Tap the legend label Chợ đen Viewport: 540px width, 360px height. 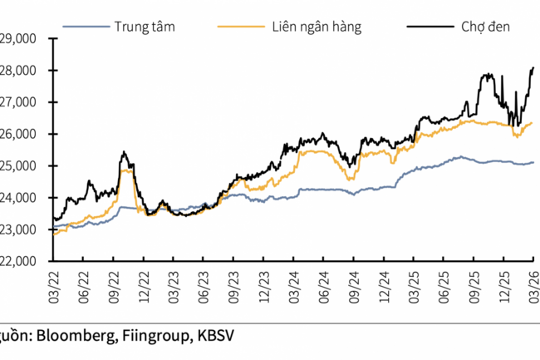[485, 27]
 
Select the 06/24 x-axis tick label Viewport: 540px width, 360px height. [322, 279]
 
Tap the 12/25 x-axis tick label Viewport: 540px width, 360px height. [503, 279]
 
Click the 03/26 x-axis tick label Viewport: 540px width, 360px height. [533, 279]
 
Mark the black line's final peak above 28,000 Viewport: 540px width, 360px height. [532, 67]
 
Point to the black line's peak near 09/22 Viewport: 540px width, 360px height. [123, 152]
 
